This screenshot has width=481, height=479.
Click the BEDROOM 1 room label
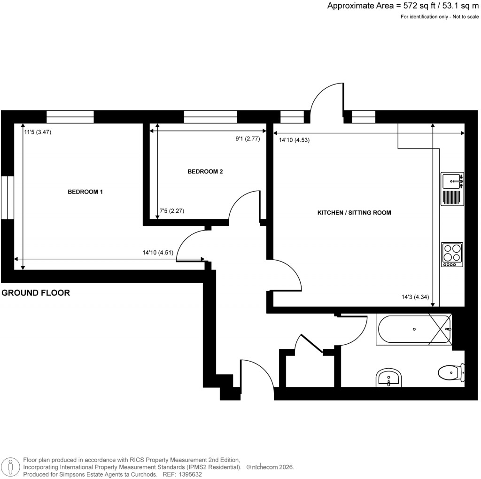click(x=85, y=192)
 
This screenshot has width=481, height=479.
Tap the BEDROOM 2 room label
click(x=205, y=171)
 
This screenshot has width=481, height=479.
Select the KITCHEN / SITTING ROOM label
click(x=354, y=213)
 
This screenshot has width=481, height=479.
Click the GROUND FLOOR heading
click(x=36, y=293)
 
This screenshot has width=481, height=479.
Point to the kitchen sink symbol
click(x=452, y=180)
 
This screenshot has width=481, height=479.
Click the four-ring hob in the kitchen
click(x=452, y=255)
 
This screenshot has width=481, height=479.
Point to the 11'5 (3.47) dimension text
click(x=38, y=132)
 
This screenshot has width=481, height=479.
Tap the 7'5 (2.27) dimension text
click(x=172, y=211)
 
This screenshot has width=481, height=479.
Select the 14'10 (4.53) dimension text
click(x=294, y=139)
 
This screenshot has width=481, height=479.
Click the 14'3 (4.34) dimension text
click(x=412, y=297)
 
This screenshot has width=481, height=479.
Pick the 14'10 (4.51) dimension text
click(x=158, y=252)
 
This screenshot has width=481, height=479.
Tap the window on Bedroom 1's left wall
click(x=7, y=197)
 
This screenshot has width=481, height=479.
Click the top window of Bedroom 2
click(x=210, y=116)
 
